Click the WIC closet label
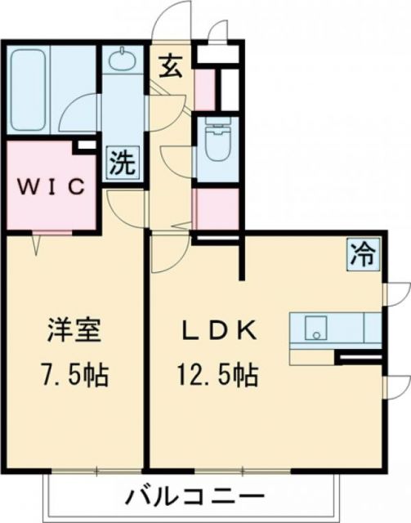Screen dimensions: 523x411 click(51, 186)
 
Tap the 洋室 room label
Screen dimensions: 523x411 click(73, 334)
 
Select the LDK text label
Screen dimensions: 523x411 click(218, 333)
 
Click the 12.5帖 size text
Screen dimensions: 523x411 click(217, 377)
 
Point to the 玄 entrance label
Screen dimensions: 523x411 click(171, 66)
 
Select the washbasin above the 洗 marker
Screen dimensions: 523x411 click(121, 61)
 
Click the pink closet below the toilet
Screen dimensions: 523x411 click(218, 209)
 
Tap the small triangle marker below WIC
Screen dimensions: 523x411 click(37, 242)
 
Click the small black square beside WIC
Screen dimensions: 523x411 click(82, 147)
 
